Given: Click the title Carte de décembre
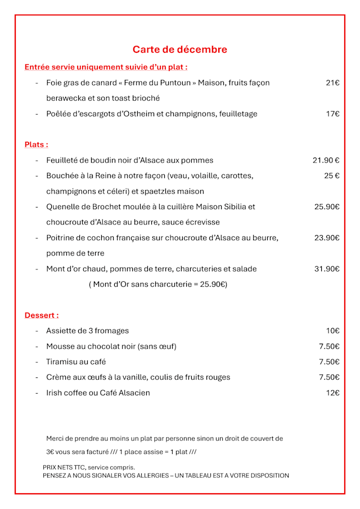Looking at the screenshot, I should pos(180,49).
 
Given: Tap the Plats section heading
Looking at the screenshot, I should pos(36,145).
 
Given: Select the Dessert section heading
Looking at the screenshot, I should pos(41,316).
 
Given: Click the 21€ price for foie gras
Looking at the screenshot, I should pos(332,83).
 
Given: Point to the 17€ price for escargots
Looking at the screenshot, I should pos(332,114).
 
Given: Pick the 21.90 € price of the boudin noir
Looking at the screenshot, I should pos(326,160).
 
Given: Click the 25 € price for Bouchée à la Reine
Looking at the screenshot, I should pos(331,175).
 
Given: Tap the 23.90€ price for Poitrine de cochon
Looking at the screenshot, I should pos(327,238).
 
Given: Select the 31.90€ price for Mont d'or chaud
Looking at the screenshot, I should pos(327,269).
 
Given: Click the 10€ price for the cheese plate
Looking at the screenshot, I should pos(332,331).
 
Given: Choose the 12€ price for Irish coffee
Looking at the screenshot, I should pos(332,393).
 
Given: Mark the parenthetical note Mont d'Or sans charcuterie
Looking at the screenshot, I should pos(158,285).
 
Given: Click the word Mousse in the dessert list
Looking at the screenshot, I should pos(60,346).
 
